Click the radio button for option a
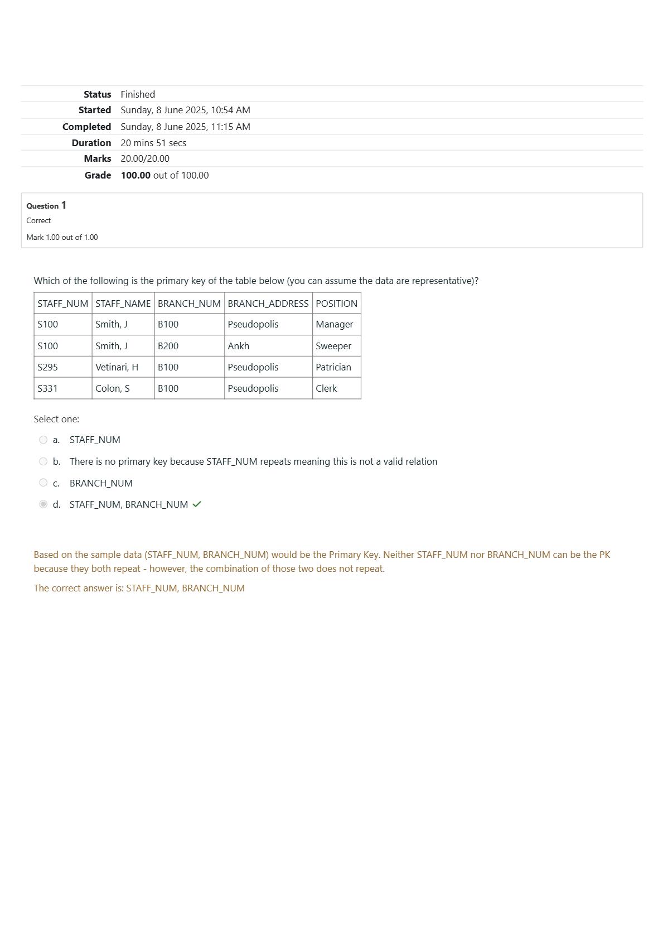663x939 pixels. pos(43,440)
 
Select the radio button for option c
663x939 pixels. pos(43,483)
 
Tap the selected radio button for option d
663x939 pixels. pos(43,504)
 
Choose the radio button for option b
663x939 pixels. pos(43,461)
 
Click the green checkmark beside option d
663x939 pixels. pos(196,504)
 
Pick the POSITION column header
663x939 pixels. pos(336,304)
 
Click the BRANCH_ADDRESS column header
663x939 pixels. pos(268,304)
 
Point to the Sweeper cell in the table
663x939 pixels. pos(333,346)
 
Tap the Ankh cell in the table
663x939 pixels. pos(238,346)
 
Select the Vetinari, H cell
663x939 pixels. pos(117,367)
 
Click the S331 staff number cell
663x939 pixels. pos(47,388)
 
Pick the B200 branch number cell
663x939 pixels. pos(168,346)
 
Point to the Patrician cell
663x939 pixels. pos(333,367)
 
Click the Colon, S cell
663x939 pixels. pos(112,388)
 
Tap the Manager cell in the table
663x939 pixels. pos(334,324)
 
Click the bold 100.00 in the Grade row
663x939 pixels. pos(135,175)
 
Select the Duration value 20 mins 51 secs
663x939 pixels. pos(153,143)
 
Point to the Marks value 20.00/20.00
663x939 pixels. pos(145,158)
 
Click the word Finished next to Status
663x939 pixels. pos(138,94)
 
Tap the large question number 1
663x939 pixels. pos(64,205)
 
